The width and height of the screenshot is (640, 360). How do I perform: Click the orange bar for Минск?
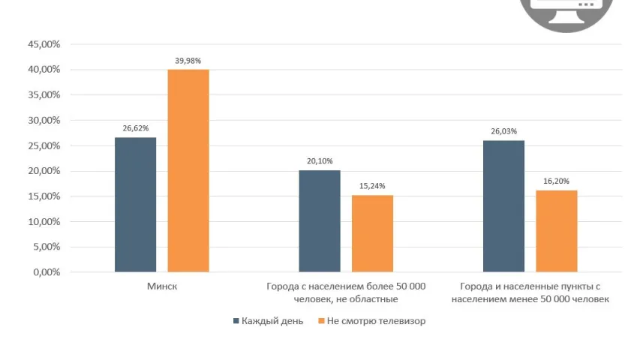(188, 170)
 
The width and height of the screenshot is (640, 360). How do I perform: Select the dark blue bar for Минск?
(136, 204)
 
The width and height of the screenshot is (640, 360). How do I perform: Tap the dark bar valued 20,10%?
(320, 220)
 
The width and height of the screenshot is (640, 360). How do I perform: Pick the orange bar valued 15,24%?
(372, 233)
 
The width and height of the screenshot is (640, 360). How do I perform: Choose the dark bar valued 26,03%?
(503, 205)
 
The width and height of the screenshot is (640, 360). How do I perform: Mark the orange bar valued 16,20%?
(557, 231)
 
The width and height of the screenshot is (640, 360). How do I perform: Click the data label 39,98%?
(188, 61)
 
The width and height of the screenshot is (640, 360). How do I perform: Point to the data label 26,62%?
(136, 128)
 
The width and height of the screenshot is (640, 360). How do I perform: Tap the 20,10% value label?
(320, 161)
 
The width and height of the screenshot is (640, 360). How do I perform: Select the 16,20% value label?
(557, 181)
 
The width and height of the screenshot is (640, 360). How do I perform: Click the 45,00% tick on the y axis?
(44, 44)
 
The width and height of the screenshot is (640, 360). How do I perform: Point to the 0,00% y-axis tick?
(46, 272)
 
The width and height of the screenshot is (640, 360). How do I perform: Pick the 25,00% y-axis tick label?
(44, 145)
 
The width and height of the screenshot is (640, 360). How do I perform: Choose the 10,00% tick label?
(44, 222)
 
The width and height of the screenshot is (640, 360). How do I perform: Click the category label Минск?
(161, 286)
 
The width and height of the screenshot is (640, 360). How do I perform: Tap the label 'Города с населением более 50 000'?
(346, 286)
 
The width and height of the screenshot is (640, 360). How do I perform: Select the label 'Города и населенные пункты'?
(530, 286)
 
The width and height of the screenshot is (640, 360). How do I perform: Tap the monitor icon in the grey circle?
(572, 9)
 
